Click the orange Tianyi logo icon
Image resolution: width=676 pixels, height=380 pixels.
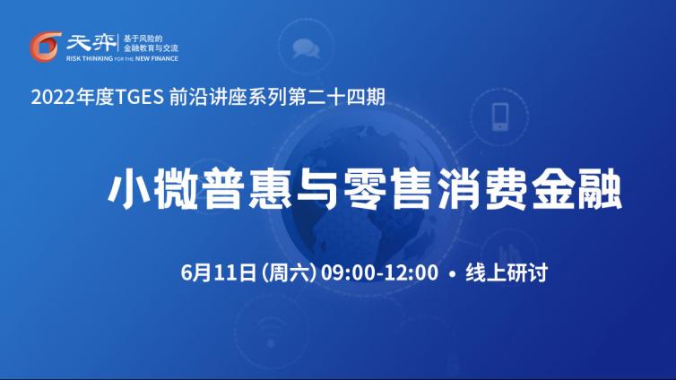[45, 47]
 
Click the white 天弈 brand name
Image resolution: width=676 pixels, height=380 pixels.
[91, 43]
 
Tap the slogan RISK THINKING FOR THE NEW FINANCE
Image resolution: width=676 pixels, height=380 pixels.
[122, 58]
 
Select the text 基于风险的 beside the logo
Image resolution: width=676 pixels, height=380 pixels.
[143, 39]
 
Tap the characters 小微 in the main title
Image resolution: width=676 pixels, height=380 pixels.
[153, 190]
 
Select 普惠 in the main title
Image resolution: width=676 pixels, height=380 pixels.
[247, 190]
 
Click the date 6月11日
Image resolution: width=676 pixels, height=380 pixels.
[219, 272]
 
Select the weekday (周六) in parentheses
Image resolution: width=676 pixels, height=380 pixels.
[289, 272]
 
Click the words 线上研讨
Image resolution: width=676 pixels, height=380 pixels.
[507, 272]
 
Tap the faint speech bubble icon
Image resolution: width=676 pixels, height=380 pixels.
[306, 48]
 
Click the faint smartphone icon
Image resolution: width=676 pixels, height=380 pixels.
[500, 117]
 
